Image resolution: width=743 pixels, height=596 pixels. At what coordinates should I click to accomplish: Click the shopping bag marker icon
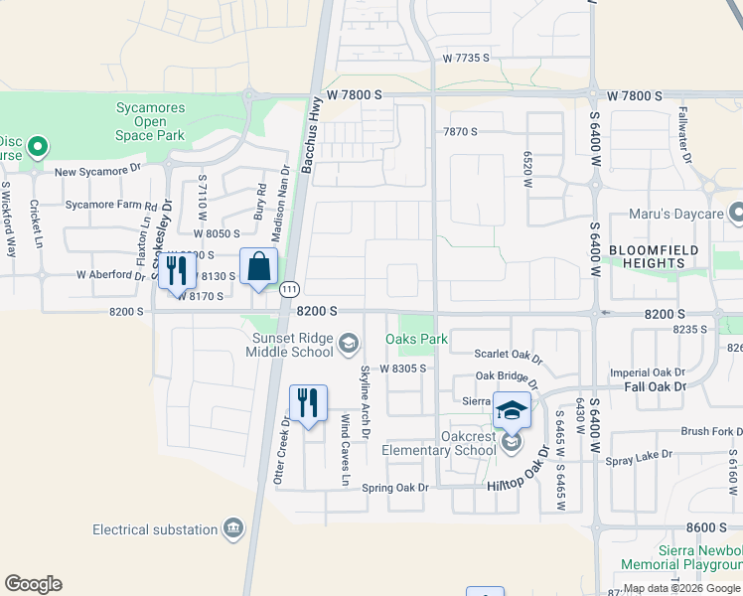pos(258,268)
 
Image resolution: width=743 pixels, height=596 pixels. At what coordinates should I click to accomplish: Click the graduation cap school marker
pos(512,410)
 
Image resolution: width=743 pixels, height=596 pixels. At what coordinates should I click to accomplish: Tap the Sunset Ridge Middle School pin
pos(348,345)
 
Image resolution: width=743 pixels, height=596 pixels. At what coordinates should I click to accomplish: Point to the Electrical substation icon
pos(233,526)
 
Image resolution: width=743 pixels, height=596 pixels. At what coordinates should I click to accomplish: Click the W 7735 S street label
pos(467,59)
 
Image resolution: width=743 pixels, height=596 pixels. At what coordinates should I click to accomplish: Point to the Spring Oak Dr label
pos(394,488)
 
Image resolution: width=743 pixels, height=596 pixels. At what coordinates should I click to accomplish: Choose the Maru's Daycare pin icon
pos(736,213)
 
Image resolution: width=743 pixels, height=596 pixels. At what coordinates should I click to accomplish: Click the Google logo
pos(33,584)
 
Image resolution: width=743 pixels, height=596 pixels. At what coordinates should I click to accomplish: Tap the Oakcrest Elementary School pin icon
pos(512,443)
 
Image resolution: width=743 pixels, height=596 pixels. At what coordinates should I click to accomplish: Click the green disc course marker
pos(38,148)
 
